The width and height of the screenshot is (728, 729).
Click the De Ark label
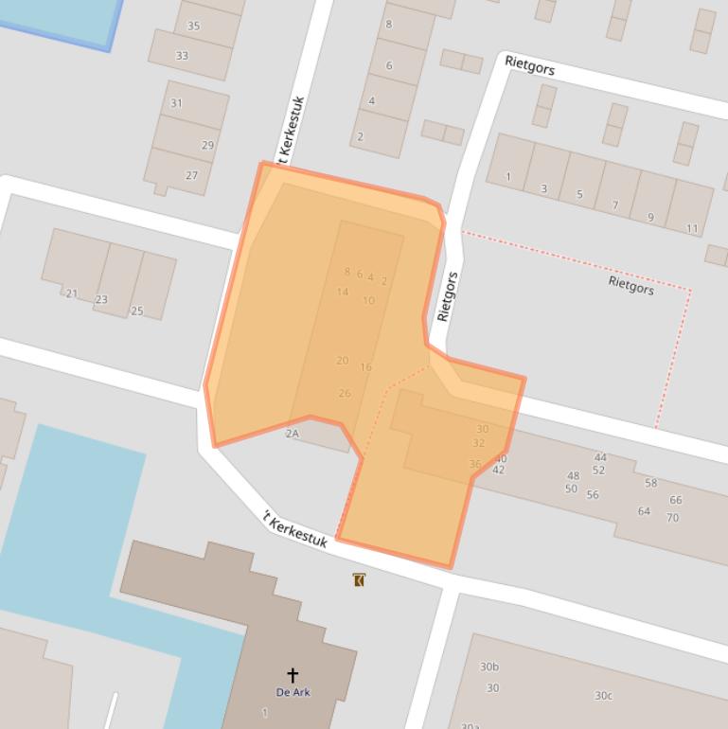293,692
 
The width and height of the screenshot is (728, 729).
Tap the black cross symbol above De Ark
293,675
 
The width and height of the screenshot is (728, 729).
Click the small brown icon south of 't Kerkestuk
358,579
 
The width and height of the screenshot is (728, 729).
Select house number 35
194,27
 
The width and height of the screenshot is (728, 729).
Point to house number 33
182,56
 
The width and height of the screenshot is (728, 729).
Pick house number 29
207,145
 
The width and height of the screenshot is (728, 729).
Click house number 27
192,175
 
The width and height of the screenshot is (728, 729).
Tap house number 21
72,293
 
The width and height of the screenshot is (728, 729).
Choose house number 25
137,311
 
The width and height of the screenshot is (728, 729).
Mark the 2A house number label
292,434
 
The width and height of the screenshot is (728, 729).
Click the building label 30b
489,667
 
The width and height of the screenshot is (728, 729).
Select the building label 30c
603,696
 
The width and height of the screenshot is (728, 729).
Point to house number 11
692,228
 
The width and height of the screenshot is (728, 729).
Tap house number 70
672,518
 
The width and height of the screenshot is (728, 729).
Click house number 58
650,483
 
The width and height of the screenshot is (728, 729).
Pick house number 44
600,457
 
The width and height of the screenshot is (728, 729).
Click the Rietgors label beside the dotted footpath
630,284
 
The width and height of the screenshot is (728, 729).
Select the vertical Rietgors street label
449,296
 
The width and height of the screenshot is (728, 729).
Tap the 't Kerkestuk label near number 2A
295,530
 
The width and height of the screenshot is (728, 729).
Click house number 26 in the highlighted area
345,393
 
